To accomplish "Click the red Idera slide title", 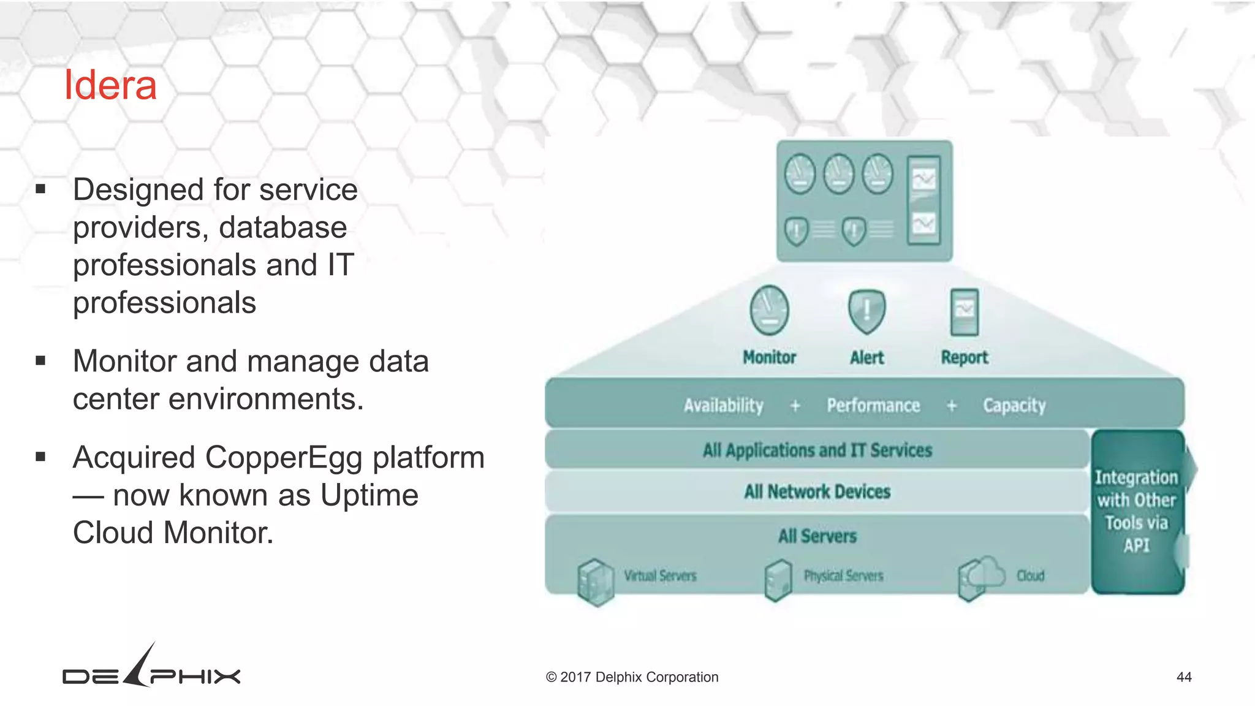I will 110,85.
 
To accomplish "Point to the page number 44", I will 1184,677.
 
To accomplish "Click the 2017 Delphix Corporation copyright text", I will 632,677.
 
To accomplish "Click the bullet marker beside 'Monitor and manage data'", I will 40,360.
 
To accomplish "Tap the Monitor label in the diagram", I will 769,357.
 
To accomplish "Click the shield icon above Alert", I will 866,311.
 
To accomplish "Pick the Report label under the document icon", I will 965,357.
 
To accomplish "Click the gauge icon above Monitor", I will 769,310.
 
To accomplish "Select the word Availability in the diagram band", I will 724,406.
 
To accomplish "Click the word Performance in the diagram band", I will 873,406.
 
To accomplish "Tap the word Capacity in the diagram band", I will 1014,406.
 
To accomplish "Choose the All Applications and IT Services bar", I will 817,450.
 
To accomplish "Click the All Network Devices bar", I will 817,492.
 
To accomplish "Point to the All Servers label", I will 817,536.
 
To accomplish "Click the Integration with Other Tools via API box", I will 1137,512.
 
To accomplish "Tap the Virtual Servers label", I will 660,576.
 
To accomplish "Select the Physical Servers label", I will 843,576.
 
